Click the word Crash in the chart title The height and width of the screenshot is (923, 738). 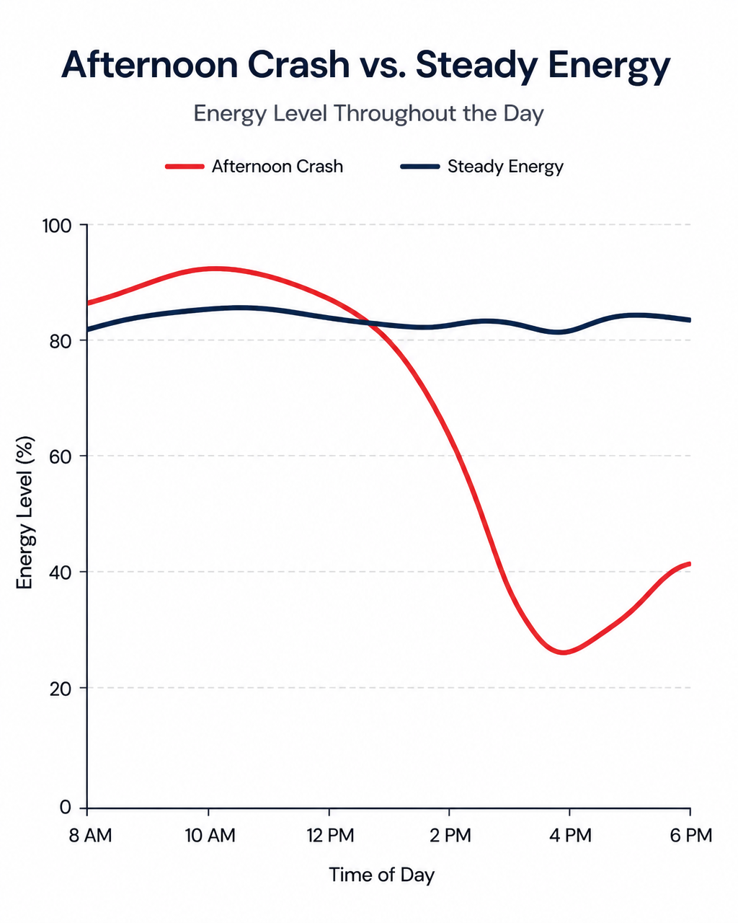click(298, 65)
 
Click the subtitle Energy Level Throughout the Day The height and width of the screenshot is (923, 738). click(368, 114)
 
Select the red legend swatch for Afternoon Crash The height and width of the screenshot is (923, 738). click(184, 167)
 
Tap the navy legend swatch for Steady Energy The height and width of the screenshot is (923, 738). click(420, 167)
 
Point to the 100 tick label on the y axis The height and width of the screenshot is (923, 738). click(57, 226)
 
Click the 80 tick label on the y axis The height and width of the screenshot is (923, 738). click(60, 341)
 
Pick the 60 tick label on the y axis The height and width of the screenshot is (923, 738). click(60, 457)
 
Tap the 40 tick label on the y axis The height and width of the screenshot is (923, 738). click(60, 573)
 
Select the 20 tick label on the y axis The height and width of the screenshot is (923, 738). click(60, 689)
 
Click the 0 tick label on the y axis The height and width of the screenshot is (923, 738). click(65, 807)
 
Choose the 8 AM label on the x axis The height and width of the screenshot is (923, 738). click(91, 836)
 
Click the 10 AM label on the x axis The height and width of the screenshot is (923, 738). click(210, 836)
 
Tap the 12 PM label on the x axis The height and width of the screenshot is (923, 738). click(331, 836)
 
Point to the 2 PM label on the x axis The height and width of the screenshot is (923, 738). click(450, 836)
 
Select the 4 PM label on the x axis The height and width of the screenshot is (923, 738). click(570, 836)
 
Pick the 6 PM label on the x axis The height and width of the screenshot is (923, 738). click(691, 836)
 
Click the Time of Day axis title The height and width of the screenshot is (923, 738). click(382, 875)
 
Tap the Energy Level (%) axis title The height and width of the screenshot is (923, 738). click(25, 512)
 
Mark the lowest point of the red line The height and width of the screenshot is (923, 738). click(563, 653)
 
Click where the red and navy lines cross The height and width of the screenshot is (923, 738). click(368, 322)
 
